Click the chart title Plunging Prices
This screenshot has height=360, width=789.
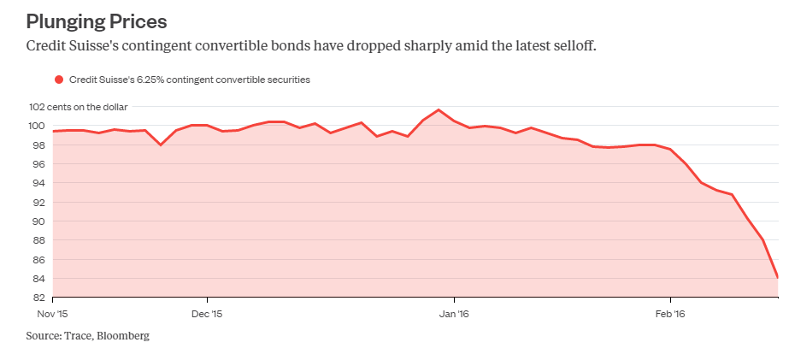pyautogui.click(x=97, y=20)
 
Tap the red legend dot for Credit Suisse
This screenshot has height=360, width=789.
pyautogui.click(x=59, y=80)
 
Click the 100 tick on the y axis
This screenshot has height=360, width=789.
pyautogui.click(x=38, y=126)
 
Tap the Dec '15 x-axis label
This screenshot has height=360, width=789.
pyautogui.click(x=208, y=314)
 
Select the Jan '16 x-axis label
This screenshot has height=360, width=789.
pyautogui.click(x=454, y=314)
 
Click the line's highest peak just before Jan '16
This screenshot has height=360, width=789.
pyautogui.click(x=439, y=109)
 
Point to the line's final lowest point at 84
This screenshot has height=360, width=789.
pyautogui.click(x=777, y=277)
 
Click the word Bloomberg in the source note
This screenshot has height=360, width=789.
pyautogui.click(x=124, y=336)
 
